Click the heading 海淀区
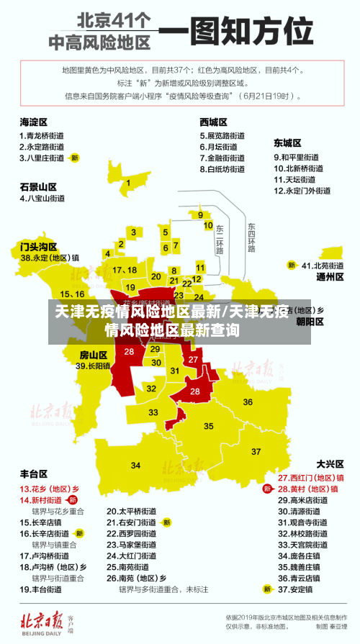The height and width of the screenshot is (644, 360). tap(33, 122)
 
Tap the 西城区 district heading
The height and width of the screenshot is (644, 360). tap(214, 122)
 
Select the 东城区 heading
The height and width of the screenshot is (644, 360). tap(287, 142)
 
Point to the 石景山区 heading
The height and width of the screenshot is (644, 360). tap(38, 186)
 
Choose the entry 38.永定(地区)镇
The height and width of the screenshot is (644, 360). tap(50, 257)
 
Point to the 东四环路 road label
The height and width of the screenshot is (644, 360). tap(251, 238)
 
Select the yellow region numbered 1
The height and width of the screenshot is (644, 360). tap(128, 183)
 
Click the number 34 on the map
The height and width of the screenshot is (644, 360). tap(135, 466)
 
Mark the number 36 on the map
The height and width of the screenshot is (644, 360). tap(248, 402)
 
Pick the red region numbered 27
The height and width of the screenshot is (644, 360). tap(192, 359)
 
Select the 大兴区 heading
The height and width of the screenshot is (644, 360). tap(330, 464)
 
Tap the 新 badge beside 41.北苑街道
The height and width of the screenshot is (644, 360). tap(292, 266)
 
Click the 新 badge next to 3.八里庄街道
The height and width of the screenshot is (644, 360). tap(74, 158)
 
